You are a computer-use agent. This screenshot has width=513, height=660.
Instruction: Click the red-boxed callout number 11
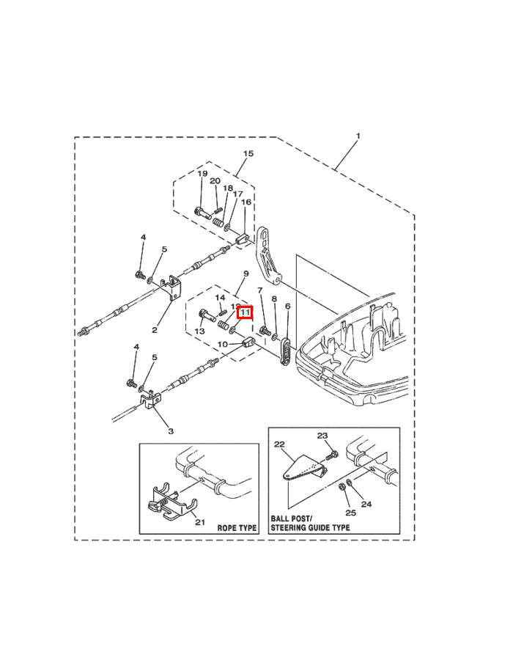pyautogui.click(x=245, y=312)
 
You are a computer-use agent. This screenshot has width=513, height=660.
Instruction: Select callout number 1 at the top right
pyautogui.click(x=358, y=136)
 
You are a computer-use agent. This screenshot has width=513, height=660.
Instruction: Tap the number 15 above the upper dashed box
pyautogui.click(x=248, y=154)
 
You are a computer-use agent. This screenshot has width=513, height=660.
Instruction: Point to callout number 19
pyautogui.click(x=202, y=174)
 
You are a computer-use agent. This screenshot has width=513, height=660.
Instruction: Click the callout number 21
pyautogui.click(x=200, y=521)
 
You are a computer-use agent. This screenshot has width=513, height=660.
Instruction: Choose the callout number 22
pyautogui.click(x=278, y=444)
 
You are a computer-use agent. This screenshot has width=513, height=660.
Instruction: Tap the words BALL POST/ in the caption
pyautogui.click(x=291, y=518)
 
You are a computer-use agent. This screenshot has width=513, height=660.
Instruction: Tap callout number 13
pyautogui.click(x=199, y=332)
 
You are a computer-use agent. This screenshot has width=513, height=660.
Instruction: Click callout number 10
pyautogui.click(x=222, y=344)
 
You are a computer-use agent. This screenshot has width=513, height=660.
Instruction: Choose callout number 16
pyautogui.click(x=246, y=202)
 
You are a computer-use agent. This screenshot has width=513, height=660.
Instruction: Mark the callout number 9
pyautogui.click(x=246, y=274)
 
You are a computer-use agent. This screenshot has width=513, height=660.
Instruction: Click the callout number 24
pyautogui.click(x=367, y=505)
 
